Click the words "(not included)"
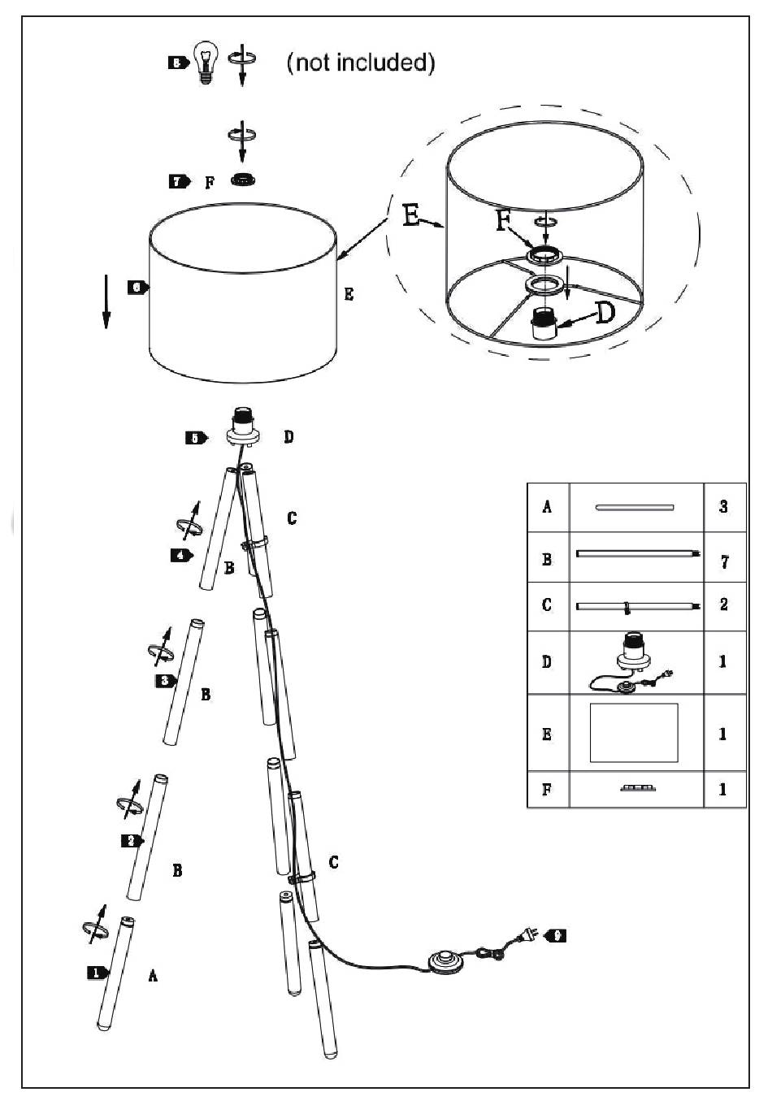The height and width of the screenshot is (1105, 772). (361, 63)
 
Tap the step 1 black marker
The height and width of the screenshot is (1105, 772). (98, 972)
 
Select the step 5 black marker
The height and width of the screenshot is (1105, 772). (196, 438)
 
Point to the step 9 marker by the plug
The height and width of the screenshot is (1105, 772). (555, 935)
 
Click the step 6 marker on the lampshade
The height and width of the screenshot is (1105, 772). (137, 287)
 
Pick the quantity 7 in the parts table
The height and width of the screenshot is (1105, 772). (724, 561)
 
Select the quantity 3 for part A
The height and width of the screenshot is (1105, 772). (723, 507)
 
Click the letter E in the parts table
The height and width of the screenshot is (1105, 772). (547, 734)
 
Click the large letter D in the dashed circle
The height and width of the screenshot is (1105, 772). (605, 312)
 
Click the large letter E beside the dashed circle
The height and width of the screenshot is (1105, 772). (412, 214)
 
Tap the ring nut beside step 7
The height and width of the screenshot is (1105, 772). (241, 180)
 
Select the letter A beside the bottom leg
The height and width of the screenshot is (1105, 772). (153, 976)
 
